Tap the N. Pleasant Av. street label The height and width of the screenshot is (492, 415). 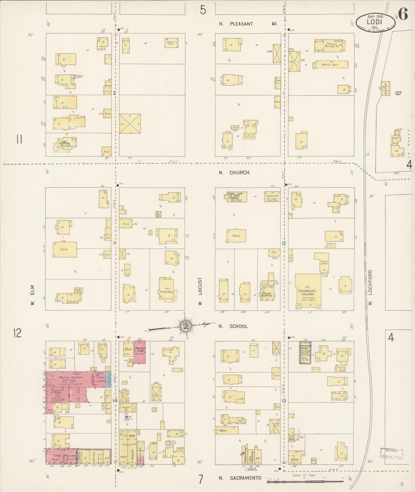pos(248,24)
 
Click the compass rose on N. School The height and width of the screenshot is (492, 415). pos(185,326)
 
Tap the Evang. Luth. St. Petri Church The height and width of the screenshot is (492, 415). pos(236,197)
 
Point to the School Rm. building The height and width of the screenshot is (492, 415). pos(171,43)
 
